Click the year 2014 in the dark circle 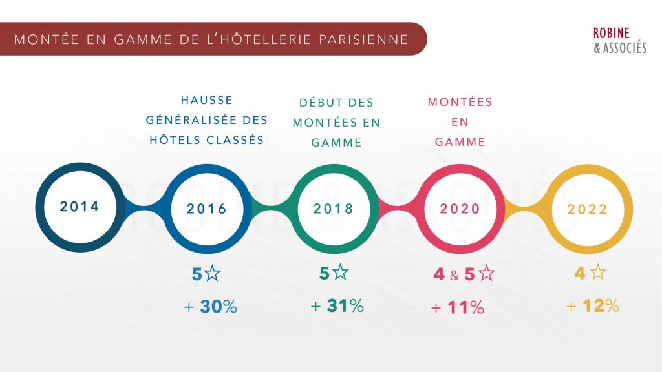(80, 207)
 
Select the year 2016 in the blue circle (207, 209)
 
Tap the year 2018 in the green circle (334, 209)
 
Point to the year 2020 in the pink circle (460, 209)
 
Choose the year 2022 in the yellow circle (588, 209)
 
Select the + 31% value (337, 306)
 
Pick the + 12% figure (593, 306)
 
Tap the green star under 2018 (340, 273)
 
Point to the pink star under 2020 (486, 274)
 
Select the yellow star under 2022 (597, 273)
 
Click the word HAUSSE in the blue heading (207, 100)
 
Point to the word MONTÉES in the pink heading (460, 101)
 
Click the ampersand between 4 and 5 (454, 275)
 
